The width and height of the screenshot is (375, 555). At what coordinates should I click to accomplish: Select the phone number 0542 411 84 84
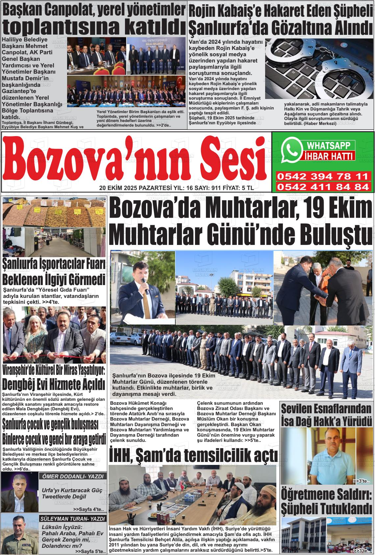tap(322, 187)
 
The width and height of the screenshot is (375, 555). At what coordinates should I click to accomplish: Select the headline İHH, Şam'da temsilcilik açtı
tap(194, 455)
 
